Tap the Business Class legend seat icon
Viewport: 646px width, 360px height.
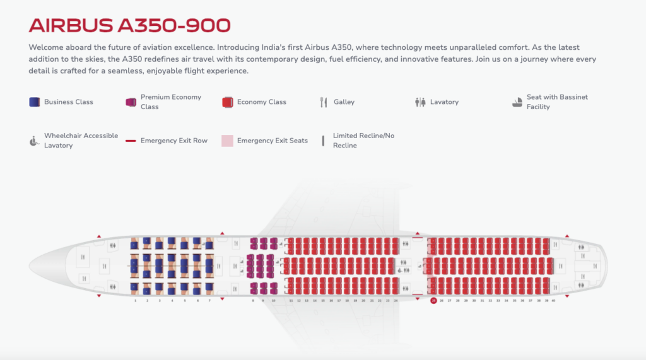click(x=35, y=102)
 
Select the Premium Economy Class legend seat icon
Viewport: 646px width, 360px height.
click(x=131, y=102)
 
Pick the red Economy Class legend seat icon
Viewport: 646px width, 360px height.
click(x=227, y=102)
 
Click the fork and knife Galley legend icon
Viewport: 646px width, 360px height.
click(x=324, y=102)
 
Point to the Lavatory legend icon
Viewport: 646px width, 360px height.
click(x=420, y=102)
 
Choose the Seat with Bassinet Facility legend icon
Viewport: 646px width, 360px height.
click(x=517, y=102)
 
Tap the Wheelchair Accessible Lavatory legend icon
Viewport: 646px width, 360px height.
click(x=35, y=141)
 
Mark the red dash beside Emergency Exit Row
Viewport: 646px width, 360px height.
click(x=131, y=141)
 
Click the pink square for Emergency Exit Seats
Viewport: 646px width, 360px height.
click(x=227, y=141)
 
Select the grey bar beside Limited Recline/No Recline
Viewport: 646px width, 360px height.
click(x=324, y=141)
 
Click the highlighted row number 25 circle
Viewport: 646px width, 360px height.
click(x=433, y=301)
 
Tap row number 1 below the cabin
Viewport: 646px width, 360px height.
click(x=135, y=301)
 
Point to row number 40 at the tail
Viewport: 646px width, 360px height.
click(x=553, y=301)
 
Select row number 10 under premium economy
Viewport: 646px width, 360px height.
click(x=273, y=301)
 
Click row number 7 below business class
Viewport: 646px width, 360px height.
click(x=209, y=301)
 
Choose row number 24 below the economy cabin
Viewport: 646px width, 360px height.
click(x=396, y=301)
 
